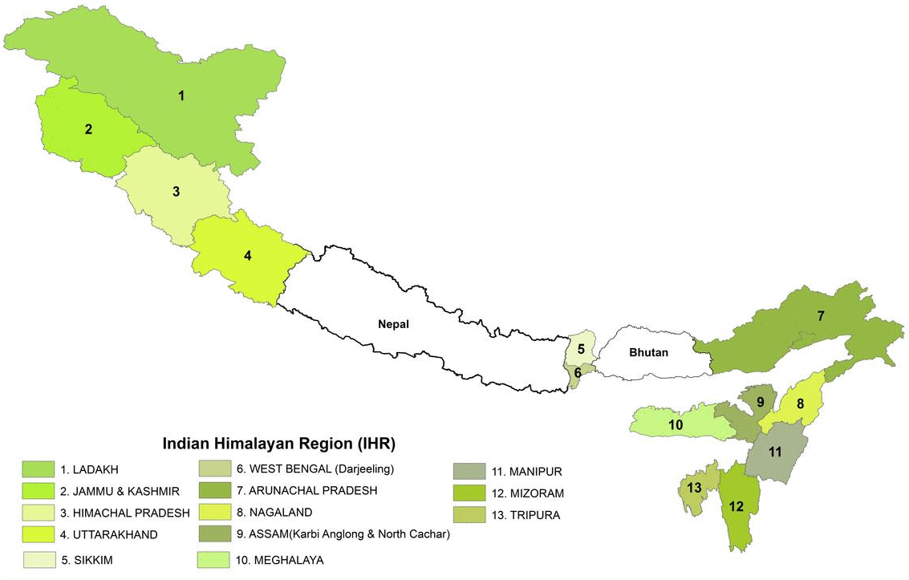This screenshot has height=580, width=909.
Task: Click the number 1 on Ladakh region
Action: (181, 95)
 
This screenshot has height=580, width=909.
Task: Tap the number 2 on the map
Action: (89, 128)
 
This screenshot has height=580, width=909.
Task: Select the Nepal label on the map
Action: (393, 324)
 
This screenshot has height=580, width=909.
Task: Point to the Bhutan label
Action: (648, 352)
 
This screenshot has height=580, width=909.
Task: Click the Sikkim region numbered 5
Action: (581, 349)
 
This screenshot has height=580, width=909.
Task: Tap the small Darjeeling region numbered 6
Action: (577, 372)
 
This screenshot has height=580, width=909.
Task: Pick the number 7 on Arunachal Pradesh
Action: (820, 316)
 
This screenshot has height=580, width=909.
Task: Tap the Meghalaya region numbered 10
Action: (676, 424)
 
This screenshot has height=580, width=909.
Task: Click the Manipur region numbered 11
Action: (774, 452)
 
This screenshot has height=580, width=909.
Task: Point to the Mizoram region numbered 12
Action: (737, 506)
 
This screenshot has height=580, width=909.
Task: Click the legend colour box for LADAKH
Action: (36, 468)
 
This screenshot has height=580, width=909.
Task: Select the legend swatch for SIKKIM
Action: (36, 560)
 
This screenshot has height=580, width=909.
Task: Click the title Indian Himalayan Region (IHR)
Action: (279, 443)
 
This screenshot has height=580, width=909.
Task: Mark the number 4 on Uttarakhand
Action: (248, 256)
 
